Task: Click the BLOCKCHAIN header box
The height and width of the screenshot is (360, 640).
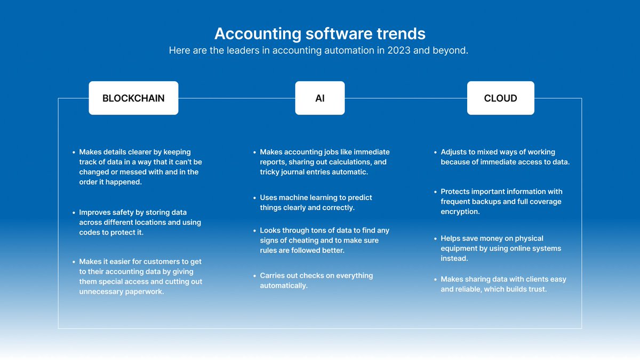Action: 133,98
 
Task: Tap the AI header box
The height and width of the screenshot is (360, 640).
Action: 319,98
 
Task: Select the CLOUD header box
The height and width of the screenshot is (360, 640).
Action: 500,98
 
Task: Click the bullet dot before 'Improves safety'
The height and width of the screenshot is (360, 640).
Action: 74,213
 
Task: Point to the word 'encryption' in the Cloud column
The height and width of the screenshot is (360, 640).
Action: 460,212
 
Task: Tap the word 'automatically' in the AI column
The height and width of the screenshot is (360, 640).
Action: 283,286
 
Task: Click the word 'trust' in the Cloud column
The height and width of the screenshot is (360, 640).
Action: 537,289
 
